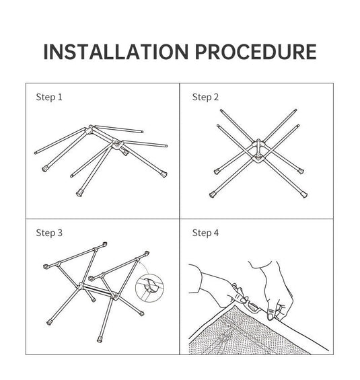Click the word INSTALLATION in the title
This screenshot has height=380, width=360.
(116, 52)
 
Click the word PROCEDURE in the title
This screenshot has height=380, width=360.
(256, 52)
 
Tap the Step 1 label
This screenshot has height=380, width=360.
(49, 97)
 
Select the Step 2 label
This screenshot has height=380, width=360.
(205, 97)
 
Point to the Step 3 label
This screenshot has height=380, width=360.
(49, 233)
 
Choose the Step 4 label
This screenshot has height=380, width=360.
(205, 233)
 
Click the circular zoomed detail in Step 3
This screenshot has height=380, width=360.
(149, 288)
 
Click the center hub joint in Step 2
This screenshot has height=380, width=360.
(258, 150)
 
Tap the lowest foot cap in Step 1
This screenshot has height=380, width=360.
(79, 193)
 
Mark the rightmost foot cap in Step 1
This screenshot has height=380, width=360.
(164, 174)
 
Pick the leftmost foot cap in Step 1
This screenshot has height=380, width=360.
(45, 168)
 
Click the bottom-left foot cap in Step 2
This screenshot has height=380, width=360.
(213, 194)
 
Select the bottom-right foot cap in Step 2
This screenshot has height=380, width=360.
(303, 194)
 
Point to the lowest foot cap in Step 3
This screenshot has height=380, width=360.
(100, 339)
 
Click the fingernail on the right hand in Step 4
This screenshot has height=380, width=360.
(271, 317)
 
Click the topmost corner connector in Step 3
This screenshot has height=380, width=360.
(104, 244)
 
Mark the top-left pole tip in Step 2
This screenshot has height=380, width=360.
(221, 110)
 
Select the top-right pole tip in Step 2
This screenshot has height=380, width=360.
(295, 110)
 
